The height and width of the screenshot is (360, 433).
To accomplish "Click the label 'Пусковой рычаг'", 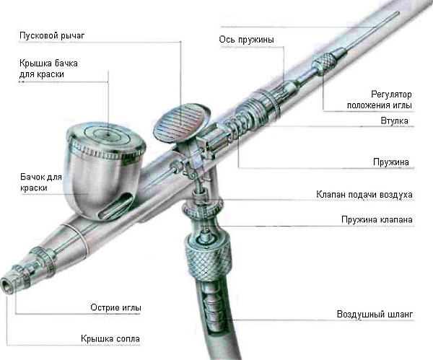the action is click(x=52, y=36).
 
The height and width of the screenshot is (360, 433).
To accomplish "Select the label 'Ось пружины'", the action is click(x=246, y=40).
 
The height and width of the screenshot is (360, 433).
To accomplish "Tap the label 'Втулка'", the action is click(x=394, y=120).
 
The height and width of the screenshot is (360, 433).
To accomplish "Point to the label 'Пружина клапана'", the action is click(x=377, y=220).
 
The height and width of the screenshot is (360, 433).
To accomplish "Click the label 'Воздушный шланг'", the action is click(x=375, y=315).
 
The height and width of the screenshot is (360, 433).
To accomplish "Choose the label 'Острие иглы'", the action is click(x=115, y=307).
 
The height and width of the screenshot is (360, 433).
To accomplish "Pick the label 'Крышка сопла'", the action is click(x=110, y=339).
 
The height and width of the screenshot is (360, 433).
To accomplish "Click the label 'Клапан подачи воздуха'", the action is click(x=364, y=195).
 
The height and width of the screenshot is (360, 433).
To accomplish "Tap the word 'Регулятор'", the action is click(x=391, y=95).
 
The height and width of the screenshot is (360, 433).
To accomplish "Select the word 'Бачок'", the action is click(x=30, y=177).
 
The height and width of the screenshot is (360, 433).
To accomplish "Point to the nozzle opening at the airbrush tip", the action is click(x=6, y=285).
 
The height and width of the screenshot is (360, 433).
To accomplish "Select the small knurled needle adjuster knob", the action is click(x=323, y=64).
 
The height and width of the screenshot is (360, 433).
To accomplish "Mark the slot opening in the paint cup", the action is click(x=115, y=206).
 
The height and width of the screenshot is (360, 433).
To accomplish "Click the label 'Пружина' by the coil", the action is click(x=390, y=162).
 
